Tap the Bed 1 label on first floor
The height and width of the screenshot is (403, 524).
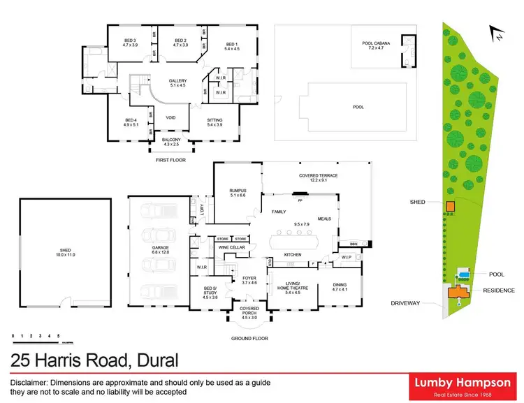[231, 45]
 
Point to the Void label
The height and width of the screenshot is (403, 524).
[170, 117]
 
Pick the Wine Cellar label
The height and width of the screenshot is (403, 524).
[231, 247]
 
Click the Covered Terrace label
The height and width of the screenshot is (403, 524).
[318, 178]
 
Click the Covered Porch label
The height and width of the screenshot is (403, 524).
[249, 309]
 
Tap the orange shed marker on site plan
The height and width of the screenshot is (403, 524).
[451, 206]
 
